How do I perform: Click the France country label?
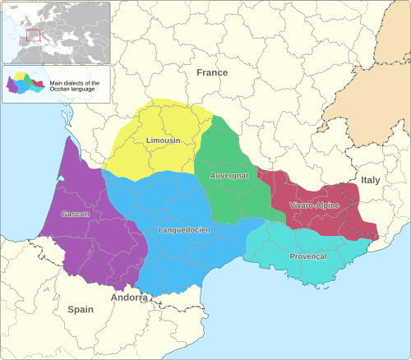[x=211, y=72]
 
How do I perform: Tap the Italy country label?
[x=371, y=179]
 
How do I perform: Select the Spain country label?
[x=81, y=310]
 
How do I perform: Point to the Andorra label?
[x=130, y=298]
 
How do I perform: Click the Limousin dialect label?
[x=163, y=141]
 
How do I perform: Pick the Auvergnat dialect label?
[x=229, y=176]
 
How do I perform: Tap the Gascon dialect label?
[x=75, y=214]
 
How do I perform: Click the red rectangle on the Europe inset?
[x=33, y=35]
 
